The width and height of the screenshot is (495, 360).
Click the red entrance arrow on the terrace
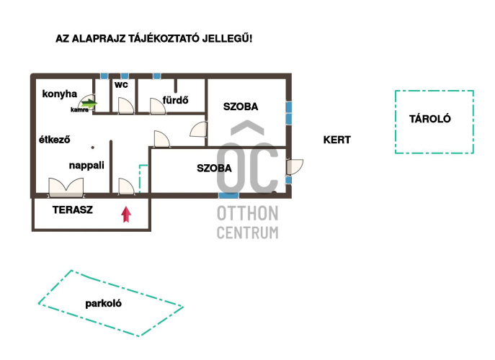pos(126,215)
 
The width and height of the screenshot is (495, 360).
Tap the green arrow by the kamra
pos(89,103)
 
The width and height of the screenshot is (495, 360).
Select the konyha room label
pos(60,94)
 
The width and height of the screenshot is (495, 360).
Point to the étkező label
pos(54,140)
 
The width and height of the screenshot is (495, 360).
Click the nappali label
pos(86,166)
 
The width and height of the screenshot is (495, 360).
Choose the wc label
pos(122,84)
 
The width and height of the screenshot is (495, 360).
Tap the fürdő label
pos(176,100)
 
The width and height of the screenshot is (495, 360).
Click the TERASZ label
pos(73,210)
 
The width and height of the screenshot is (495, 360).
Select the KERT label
pos(336,140)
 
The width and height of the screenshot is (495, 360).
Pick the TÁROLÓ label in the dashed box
pos(430,119)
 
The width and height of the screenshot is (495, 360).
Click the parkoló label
pos(104,304)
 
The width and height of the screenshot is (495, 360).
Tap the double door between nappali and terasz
pos(66,188)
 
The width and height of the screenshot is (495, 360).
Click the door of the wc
pos(125,106)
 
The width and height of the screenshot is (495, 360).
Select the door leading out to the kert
pos(295,167)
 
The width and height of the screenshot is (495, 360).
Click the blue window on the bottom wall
pos(229,196)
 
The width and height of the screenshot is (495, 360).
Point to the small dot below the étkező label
pos(92,148)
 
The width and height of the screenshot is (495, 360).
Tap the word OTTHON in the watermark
pos(248,213)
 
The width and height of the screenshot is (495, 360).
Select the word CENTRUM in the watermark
pos(248,233)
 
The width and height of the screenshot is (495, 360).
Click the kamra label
pos(79,109)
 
